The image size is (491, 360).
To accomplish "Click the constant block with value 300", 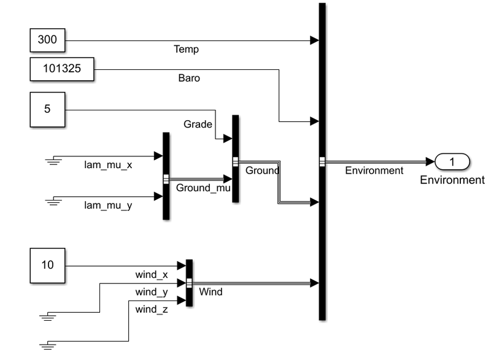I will pos(47,41).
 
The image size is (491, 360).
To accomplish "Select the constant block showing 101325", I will pos(62,69).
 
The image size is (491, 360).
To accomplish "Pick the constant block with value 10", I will pos(47,266).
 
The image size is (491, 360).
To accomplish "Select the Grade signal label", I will pos(198,124).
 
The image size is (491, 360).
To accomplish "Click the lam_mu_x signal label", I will pos(108,165).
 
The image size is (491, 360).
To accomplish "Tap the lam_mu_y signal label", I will pos(108,205).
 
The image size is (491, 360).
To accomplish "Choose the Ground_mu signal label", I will pos(203,188).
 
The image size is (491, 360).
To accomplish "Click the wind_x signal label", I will pos(152,274).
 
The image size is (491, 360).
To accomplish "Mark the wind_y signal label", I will pos(152,291).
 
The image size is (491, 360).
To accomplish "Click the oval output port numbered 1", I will pos(452,162).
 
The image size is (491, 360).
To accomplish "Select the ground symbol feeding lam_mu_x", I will pos(54,159).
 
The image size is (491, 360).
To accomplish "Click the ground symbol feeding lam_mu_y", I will pos(54,200).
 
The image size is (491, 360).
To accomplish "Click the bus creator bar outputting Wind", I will pos(189,283).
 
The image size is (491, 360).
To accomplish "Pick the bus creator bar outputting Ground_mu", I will pos(166,175).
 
